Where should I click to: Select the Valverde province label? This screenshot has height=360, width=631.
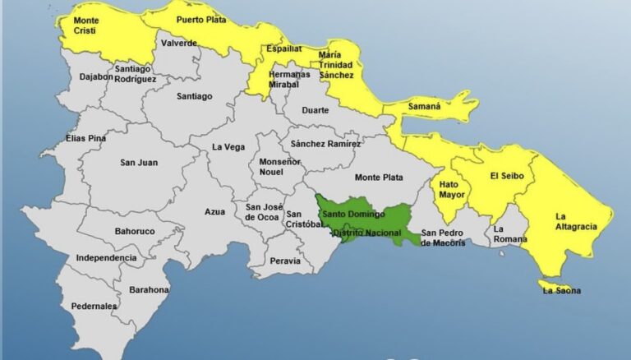point(178,44)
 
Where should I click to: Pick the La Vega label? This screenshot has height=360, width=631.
point(228,146)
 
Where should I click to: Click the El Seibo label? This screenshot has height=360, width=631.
point(506,175)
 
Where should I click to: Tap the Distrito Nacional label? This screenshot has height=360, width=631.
point(366,233)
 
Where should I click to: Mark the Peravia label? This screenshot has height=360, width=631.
point(285,261)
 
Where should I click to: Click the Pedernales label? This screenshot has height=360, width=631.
point(94,306)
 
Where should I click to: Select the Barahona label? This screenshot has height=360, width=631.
point(149,289)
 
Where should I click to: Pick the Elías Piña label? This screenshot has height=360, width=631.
point(86,139)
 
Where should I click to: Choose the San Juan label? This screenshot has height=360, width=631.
point(139,162)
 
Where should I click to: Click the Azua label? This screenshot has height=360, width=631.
point(214,211)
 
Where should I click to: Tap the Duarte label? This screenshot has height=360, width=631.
point(315,109)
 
